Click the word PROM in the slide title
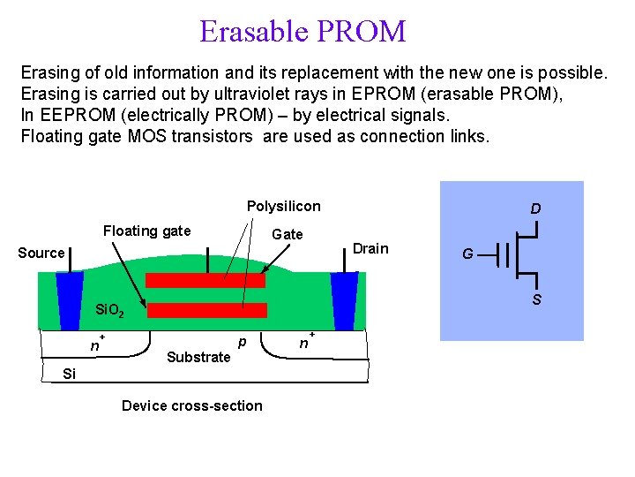[364, 32]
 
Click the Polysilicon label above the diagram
[283, 206]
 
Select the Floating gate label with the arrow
[146, 231]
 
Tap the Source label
[41, 253]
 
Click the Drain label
[370, 248]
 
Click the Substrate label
[198, 357]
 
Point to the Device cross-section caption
[191, 405]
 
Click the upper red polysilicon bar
[205, 280]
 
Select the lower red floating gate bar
[206, 310]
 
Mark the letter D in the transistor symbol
[535, 209]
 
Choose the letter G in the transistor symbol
[469, 254]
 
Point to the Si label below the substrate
[70, 374]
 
